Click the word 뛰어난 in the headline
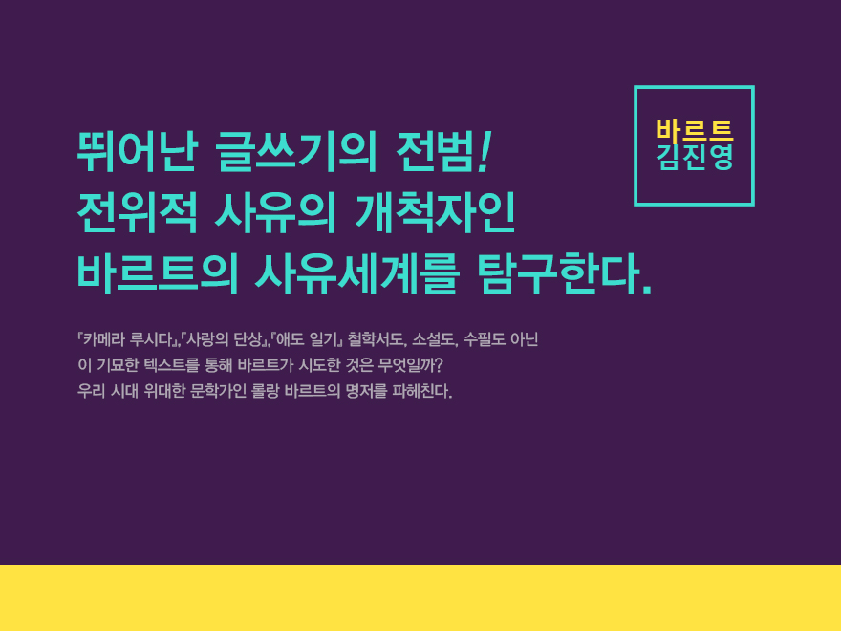pyautogui.click(x=138, y=151)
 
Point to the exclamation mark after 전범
pyautogui.click(x=485, y=151)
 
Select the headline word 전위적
pyautogui.click(x=138, y=213)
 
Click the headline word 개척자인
pyautogui.click(x=435, y=213)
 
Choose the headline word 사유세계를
pyautogui.click(x=356, y=274)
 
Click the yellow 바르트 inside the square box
pyautogui.click(x=695, y=130)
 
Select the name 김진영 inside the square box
pyautogui.click(x=695, y=157)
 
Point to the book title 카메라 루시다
pyautogui.click(x=128, y=339)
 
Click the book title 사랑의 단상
pyautogui.click(x=224, y=339)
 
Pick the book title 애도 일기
pyautogui.click(x=306, y=339)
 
